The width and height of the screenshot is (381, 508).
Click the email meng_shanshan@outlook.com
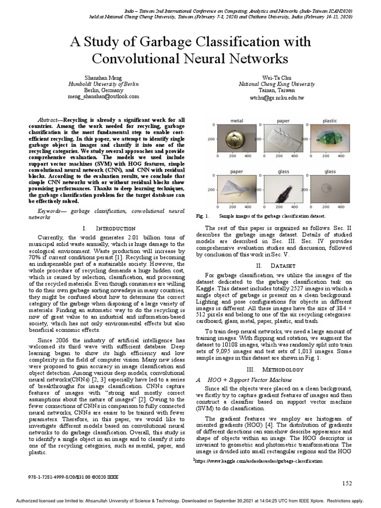pyautogui.click(x=103, y=97)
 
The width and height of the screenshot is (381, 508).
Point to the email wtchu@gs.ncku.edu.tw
pyautogui.click(x=277, y=98)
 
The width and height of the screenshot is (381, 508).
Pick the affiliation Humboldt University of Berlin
pyautogui.click(x=103, y=84)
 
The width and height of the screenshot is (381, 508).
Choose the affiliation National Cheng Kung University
pyautogui.click(x=277, y=84)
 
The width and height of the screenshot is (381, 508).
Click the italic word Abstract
pyautogui.click(x=49, y=121)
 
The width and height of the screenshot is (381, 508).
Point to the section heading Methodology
pyautogui.click(x=277, y=370)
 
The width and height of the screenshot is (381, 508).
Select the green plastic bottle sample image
pyautogui.click(x=329, y=139)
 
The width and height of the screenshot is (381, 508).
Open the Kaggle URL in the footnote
pyautogui.click(x=258, y=461)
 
